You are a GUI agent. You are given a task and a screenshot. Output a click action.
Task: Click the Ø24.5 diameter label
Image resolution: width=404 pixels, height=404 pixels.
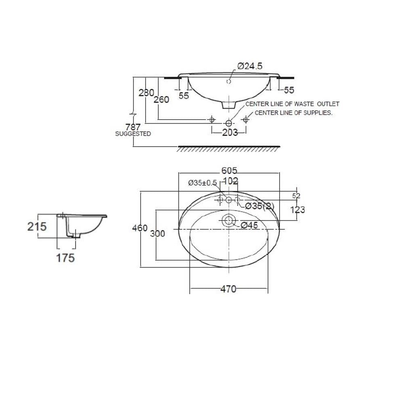click(x=250, y=66)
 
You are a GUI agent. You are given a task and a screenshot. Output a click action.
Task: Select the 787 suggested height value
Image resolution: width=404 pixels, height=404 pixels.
click(x=133, y=127)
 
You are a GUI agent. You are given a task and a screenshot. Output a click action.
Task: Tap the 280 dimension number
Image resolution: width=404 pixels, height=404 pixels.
click(x=146, y=93)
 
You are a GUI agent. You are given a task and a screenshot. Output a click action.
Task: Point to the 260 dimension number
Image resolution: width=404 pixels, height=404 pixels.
click(x=161, y=99)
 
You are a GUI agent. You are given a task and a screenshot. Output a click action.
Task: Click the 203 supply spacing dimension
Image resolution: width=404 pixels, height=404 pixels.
click(x=230, y=133)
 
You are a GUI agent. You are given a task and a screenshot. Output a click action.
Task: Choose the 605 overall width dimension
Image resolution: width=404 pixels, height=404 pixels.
click(x=229, y=170)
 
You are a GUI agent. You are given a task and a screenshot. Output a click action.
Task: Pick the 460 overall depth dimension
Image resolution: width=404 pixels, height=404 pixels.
click(x=140, y=228)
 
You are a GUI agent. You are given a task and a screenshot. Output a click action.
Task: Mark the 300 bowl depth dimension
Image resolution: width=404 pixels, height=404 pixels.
click(x=158, y=234)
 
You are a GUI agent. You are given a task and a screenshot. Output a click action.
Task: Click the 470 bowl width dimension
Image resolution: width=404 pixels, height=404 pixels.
click(x=228, y=289)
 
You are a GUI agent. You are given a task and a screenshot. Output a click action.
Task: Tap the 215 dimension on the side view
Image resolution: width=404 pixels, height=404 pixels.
click(x=37, y=227)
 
